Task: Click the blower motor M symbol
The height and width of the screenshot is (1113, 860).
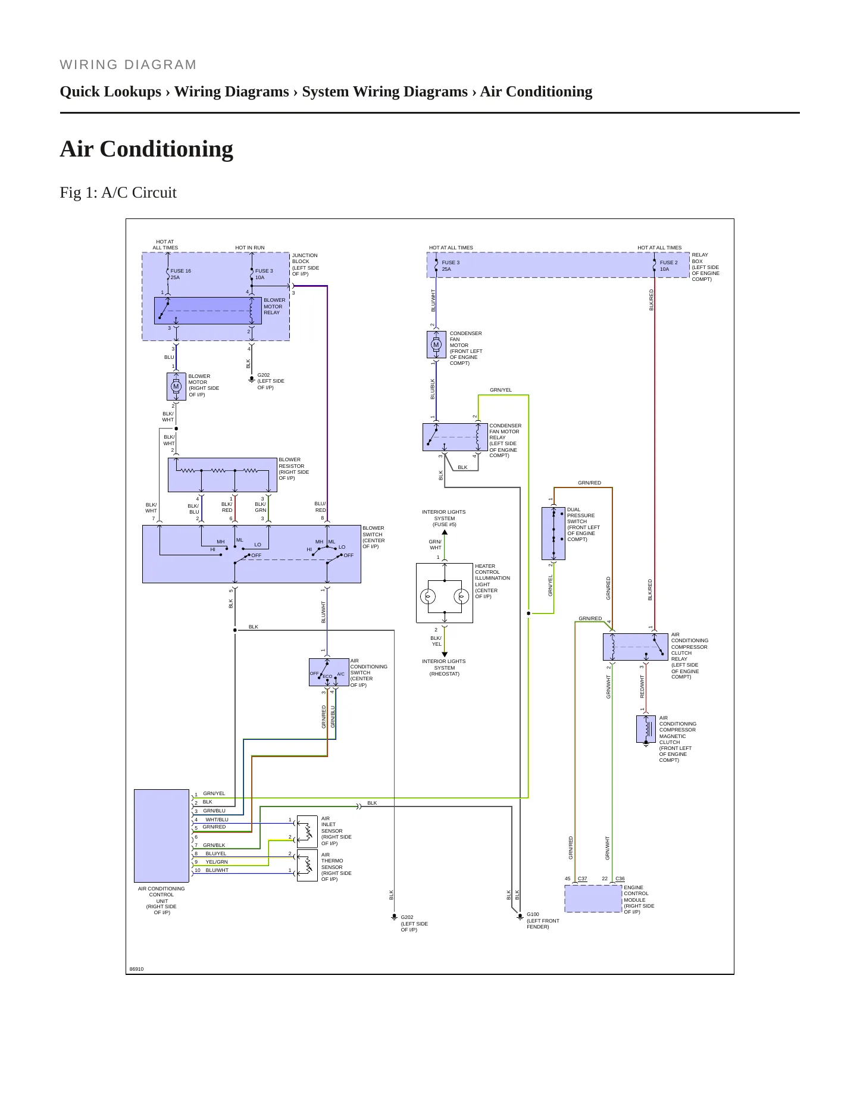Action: tap(176, 387)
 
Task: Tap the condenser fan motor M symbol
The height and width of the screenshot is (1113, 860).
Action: tap(436, 345)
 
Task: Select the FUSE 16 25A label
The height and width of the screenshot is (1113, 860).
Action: tap(180, 274)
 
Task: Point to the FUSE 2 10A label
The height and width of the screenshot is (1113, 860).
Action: tap(668, 266)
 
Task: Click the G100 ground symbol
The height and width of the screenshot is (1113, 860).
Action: tap(520, 917)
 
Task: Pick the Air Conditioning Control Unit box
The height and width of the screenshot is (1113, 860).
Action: tap(161, 836)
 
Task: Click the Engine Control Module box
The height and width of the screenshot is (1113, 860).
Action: tap(593, 899)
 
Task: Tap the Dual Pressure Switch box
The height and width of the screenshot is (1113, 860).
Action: tap(553, 533)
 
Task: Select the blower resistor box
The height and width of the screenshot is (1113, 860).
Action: tap(223, 475)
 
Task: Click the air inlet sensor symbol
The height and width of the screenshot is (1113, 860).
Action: tap(307, 831)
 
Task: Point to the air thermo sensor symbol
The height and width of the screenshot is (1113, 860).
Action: tap(307, 865)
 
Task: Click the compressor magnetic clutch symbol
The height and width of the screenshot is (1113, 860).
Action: tap(646, 729)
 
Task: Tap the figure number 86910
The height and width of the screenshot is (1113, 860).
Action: tap(137, 969)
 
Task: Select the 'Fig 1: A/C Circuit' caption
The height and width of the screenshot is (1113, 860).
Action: tap(118, 193)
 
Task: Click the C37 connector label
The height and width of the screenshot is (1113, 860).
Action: tap(583, 878)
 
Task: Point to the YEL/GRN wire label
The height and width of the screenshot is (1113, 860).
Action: tap(217, 862)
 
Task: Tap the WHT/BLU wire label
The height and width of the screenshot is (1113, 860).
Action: tap(217, 820)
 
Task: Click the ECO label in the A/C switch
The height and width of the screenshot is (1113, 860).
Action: tap(327, 677)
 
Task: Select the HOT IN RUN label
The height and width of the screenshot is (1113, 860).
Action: tap(250, 248)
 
